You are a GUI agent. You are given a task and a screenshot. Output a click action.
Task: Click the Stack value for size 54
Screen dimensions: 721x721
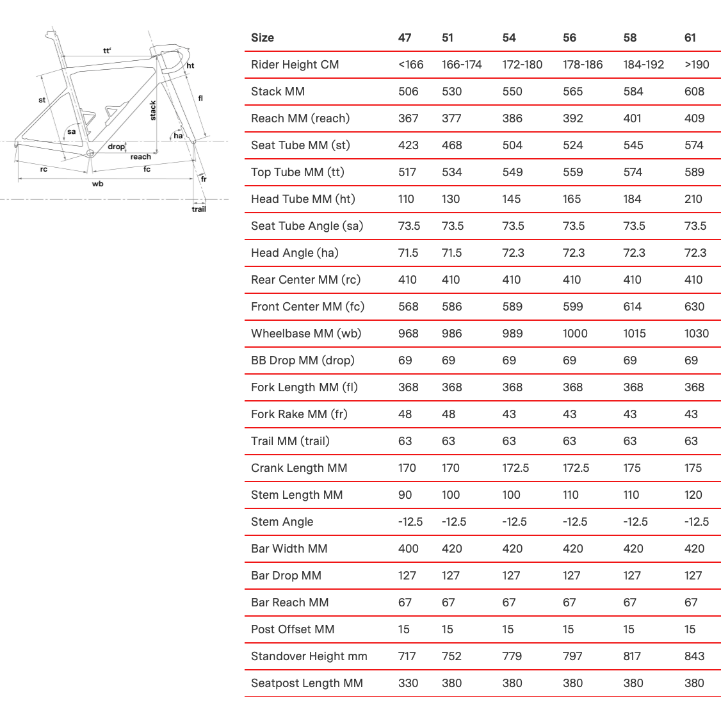[x=512, y=92]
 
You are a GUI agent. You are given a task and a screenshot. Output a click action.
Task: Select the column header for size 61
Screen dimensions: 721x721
[x=690, y=38]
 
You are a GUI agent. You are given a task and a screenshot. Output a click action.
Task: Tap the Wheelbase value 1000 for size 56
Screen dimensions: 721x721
[x=575, y=334]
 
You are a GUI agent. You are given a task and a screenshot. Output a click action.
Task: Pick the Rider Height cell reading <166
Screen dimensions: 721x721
[x=410, y=65]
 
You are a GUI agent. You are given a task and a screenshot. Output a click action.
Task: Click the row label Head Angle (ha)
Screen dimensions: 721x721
[x=295, y=253]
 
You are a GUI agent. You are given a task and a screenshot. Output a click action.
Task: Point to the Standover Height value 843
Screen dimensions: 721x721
[x=694, y=656]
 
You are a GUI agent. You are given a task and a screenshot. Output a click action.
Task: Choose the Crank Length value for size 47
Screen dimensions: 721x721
[x=407, y=468]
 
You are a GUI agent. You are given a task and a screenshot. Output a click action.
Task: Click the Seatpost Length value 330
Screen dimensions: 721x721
[x=408, y=683]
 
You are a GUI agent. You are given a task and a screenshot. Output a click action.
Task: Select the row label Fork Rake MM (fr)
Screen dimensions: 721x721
[x=299, y=414]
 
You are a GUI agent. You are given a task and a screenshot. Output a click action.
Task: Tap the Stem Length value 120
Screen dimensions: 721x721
[x=693, y=495]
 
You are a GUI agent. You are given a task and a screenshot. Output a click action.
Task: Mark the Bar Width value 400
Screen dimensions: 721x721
[x=408, y=549]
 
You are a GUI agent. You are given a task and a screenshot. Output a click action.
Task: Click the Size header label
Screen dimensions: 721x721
[x=263, y=38]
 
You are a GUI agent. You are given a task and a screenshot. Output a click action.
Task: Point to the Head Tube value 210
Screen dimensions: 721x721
[x=693, y=199]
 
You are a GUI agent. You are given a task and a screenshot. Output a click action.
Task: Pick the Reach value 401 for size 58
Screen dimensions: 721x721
[x=633, y=118]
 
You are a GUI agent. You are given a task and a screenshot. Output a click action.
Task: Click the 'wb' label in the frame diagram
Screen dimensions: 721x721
[x=97, y=184]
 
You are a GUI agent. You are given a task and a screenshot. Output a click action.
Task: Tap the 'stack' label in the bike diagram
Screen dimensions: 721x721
[x=153, y=111]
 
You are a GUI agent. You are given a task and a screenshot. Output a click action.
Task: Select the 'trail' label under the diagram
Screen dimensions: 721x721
[x=199, y=209]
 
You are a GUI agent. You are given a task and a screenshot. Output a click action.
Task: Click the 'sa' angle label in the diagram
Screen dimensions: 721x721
[x=72, y=132]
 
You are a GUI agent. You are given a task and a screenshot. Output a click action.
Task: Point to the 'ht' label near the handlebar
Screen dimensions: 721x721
[x=190, y=65]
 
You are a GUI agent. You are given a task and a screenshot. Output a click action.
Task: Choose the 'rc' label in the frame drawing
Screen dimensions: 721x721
[x=44, y=170]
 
